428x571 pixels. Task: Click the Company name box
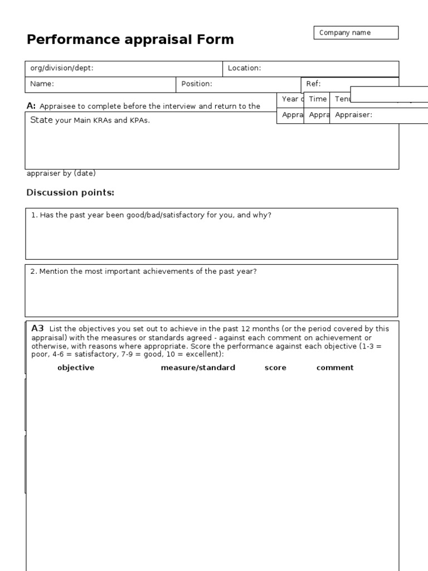coord(356,33)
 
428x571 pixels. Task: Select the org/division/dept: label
coord(62,68)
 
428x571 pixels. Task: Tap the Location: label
coord(244,68)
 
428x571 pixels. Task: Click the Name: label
coord(42,84)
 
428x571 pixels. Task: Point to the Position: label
coord(197,84)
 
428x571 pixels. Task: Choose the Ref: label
coord(313,84)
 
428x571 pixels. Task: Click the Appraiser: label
coord(353,115)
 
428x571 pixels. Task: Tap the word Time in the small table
coord(318,99)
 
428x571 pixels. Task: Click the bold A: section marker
coord(31,106)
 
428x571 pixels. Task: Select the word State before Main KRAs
coord(41,120)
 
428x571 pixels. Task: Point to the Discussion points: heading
coord(70,193)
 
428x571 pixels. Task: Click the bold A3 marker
coord(37,328)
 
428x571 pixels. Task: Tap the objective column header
coord(76,368)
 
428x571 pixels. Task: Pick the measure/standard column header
coord(198,368)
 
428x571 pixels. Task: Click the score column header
coord(275,368)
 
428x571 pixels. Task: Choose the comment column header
coord(335,368)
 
